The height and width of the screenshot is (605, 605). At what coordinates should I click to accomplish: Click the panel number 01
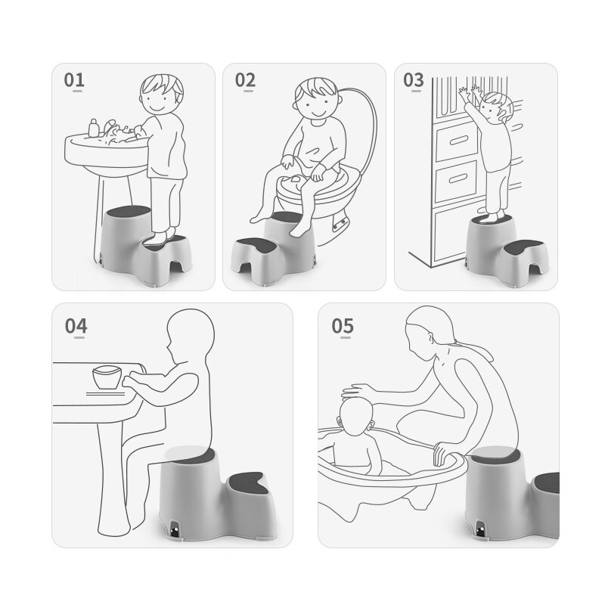[74, 80]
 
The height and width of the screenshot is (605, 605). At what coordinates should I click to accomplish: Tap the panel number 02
[245, 80]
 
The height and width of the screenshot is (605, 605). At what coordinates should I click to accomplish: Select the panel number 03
[413, 80]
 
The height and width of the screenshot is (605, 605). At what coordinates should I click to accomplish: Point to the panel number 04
[76, 326]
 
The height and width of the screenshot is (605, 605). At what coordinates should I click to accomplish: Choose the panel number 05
[343, 326]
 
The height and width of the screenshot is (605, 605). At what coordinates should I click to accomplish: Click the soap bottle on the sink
[93, 128]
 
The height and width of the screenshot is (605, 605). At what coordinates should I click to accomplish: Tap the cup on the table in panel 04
[107, 377]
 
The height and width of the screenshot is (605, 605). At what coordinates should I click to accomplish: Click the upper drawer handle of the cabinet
[458, 140]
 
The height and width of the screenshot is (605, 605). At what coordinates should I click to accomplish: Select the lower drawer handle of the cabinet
[458, 178]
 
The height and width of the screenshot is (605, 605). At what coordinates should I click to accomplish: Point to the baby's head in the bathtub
[355, 416]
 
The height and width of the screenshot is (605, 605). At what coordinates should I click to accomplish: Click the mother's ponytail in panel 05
[474, 349]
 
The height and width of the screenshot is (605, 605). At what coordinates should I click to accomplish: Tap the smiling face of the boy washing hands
[158, 101]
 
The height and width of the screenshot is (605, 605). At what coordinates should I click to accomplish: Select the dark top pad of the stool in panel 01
[129, 211]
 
